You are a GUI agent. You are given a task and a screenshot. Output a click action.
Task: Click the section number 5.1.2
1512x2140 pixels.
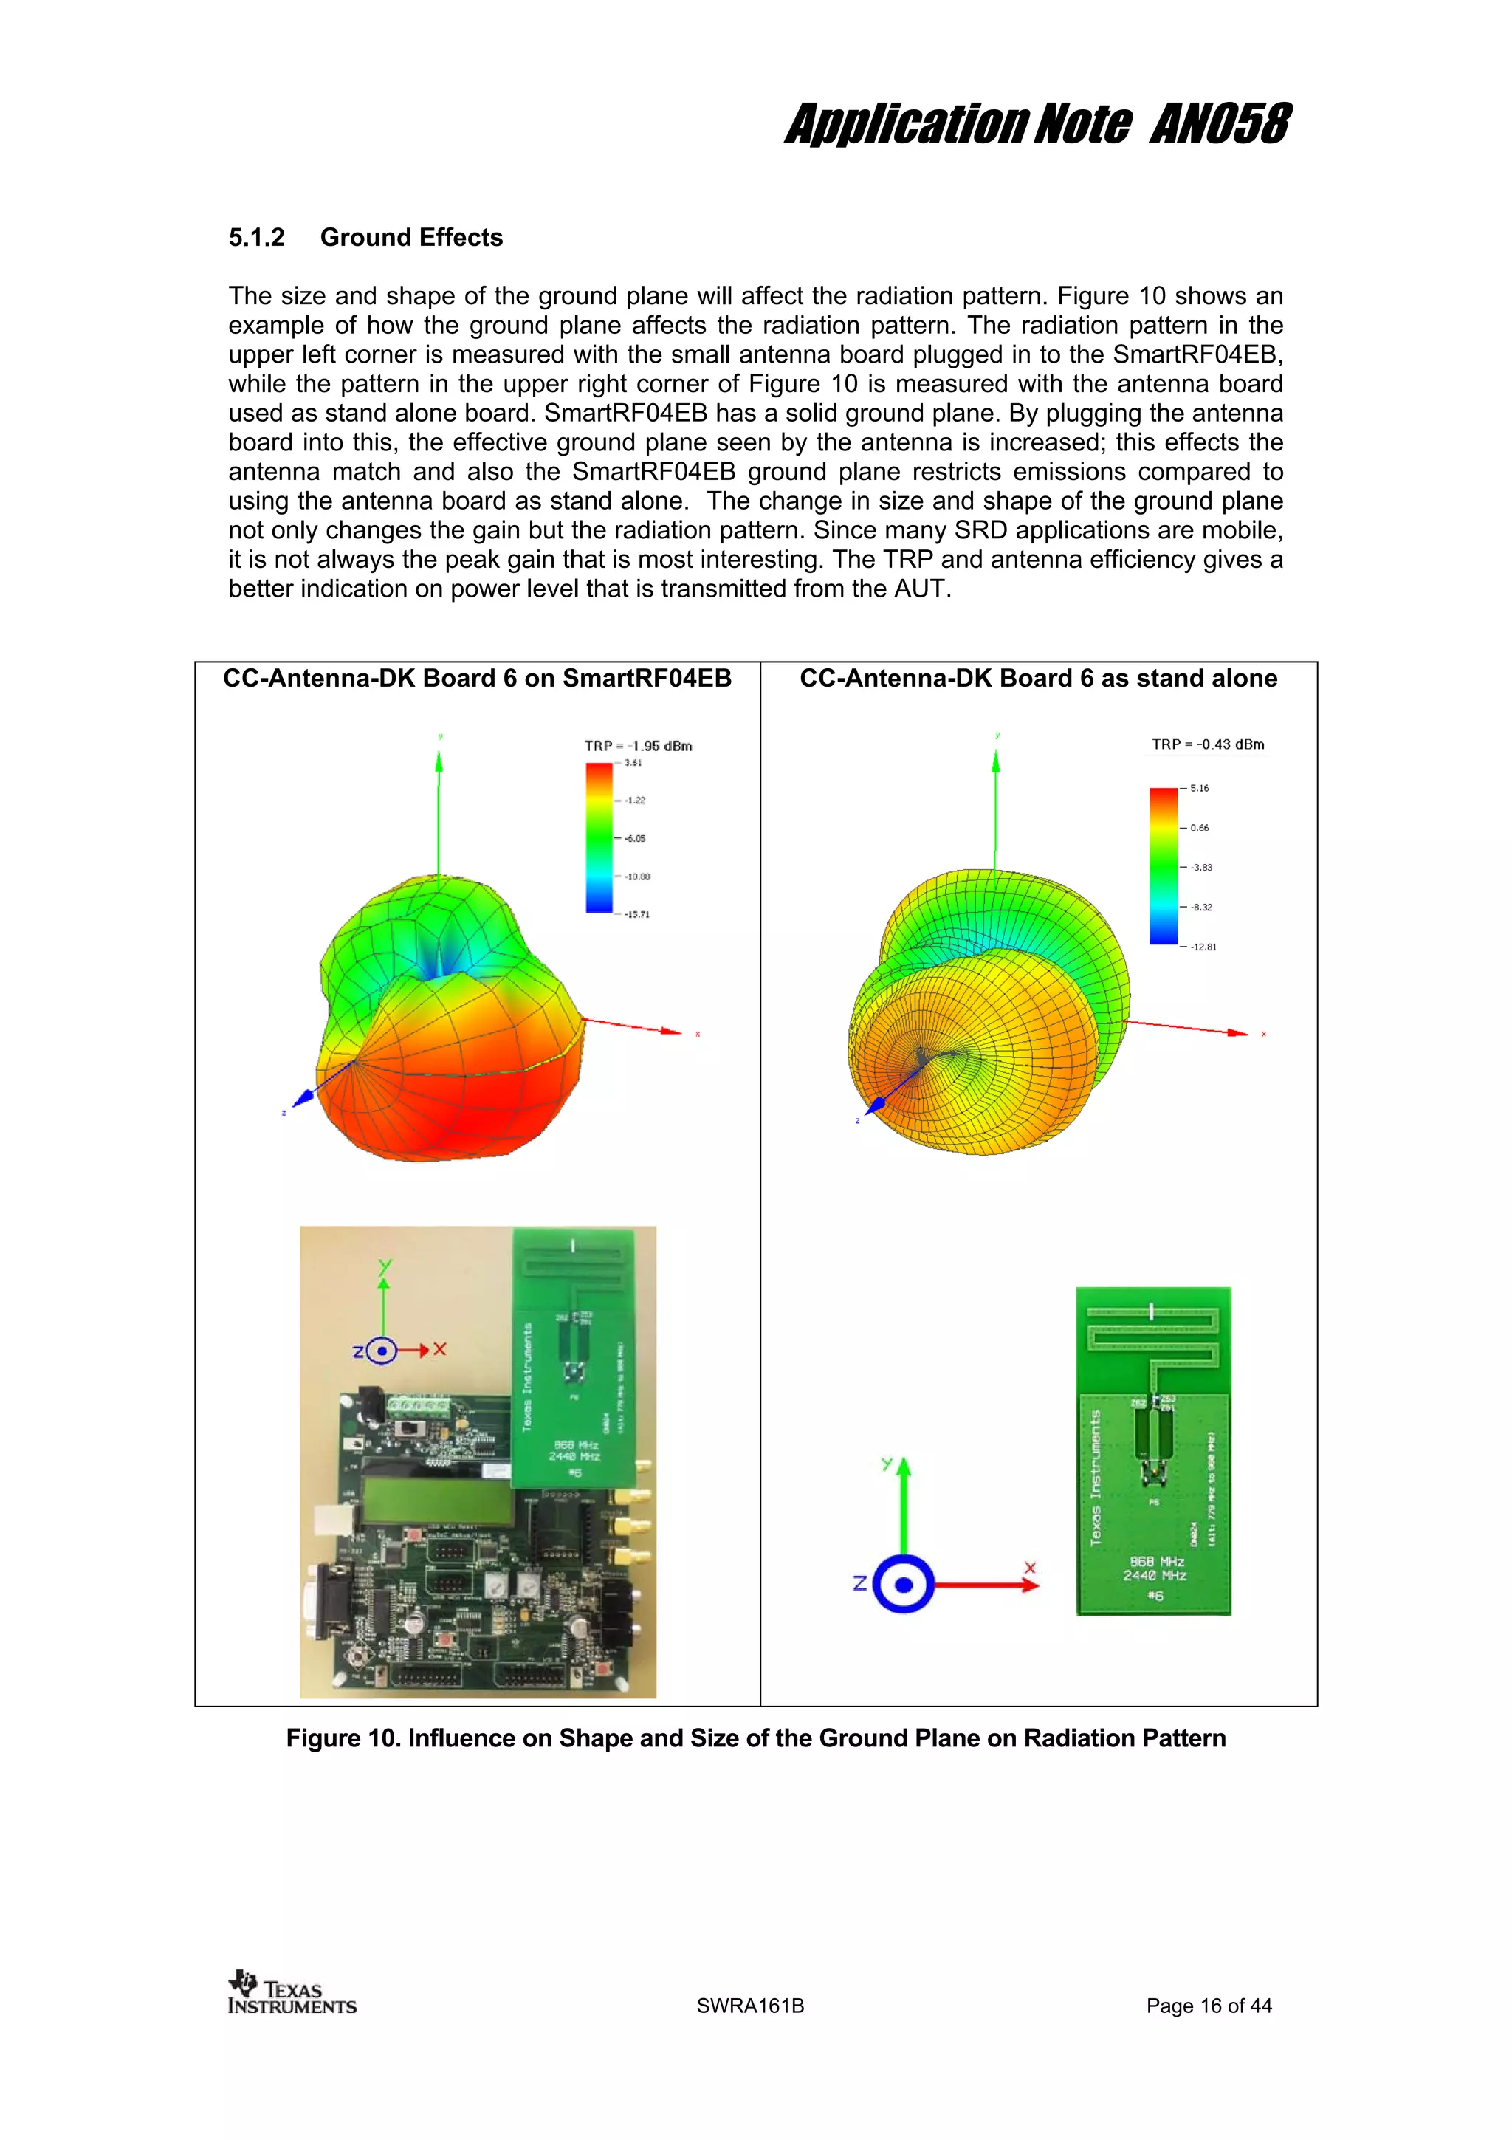pyautogui.click(x=256, y=238)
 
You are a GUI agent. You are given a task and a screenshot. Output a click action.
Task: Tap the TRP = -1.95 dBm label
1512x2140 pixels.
pyautogui.click(x=638, y=746)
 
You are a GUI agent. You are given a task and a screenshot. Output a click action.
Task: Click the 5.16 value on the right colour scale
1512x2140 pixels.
pyautogui.click(x=1199, y=789)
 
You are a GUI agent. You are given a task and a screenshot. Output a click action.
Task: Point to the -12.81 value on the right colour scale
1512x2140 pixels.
pyautogui.click(x=1203, y=947)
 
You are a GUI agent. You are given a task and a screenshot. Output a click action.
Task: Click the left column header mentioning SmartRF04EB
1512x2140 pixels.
pyautogui.click(x=477, y=679)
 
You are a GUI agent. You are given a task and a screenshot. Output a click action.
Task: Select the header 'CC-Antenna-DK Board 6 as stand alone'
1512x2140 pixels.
pyautogui.click(x=1038, y=679)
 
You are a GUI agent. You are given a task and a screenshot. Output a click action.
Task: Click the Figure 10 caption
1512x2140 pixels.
pyautogui.click(x=755, y=1738)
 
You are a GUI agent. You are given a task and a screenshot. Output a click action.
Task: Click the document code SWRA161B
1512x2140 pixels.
pyautogui.click(x=750, y=2006)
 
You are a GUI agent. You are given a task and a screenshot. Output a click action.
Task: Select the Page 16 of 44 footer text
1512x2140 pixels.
pyautogui.click(x=1209, y=2006)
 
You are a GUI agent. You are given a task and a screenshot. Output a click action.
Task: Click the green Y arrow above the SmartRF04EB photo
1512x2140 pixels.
pyautogui.click(x=383, y=1305)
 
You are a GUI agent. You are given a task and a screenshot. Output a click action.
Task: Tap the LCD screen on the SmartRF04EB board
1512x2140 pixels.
pyautogui.click(x=436, y=1503)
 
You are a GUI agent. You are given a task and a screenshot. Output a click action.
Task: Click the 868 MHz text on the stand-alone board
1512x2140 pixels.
pyautogui.click(x=1156, y=1561)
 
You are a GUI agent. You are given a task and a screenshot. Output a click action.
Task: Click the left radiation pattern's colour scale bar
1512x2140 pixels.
pyautogui.click(x=599, y=837)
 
